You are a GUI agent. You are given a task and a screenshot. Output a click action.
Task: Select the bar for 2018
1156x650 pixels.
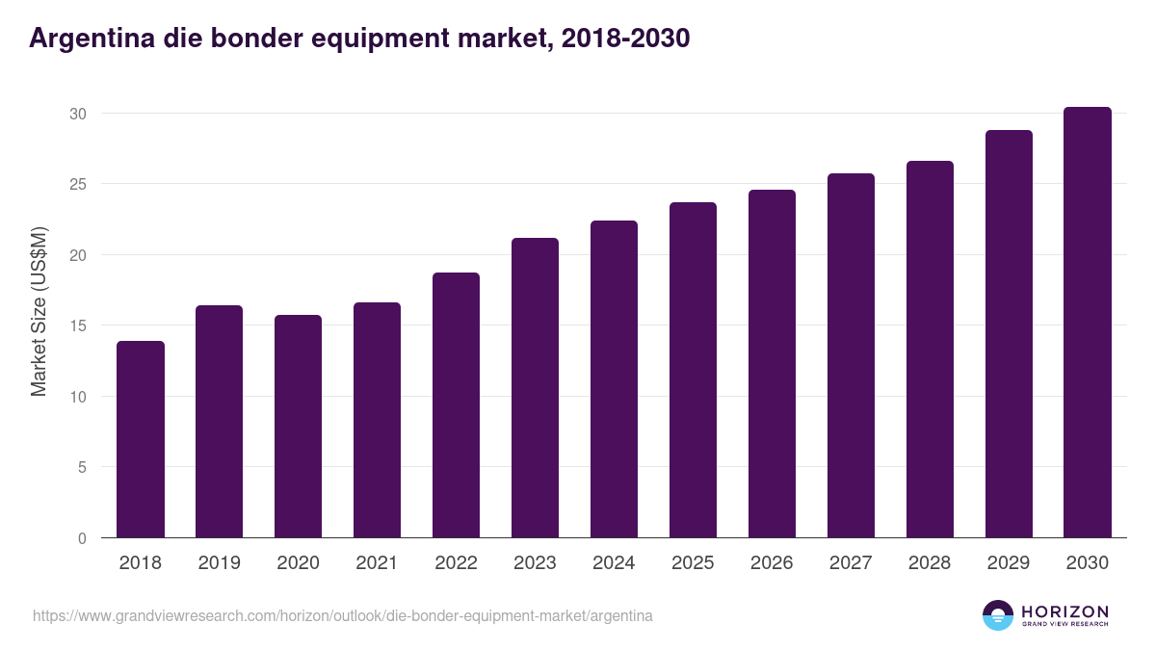(x=141, y=440)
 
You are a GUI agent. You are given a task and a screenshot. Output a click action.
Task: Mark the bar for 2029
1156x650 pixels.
(x=1009, y=334)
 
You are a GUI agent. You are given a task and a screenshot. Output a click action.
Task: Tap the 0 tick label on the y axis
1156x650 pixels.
(x=82, y=538)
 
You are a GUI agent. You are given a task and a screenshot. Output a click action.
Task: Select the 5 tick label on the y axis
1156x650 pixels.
(x=82, y=467)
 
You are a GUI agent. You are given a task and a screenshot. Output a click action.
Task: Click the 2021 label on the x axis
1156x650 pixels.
(x=377, y=563)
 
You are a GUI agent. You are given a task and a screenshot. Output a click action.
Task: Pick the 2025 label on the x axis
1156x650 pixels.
(x=693, y=563)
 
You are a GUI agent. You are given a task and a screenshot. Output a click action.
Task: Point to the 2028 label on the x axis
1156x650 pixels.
(x=930, y=563)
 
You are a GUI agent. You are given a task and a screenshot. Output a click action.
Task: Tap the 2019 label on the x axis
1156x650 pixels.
(x=219, y=563)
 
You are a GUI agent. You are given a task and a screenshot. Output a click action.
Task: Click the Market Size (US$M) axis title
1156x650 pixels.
(x=39, y=311)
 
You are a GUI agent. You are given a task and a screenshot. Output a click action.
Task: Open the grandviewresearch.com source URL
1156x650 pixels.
(x=342, y=615)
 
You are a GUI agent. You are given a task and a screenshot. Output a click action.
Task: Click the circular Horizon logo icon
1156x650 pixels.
(x=997, y=615)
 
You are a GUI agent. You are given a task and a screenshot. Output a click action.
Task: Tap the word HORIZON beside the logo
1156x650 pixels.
(x=1064, y=611)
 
